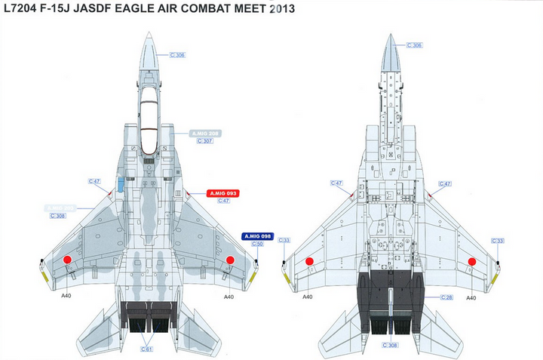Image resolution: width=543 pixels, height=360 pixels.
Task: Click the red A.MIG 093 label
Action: [223, 193]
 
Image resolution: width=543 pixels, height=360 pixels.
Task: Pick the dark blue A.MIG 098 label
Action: [256, 236]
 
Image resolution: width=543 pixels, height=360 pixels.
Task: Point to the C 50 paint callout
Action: [256, 245]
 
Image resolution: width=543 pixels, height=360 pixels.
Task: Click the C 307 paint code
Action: [204, 141]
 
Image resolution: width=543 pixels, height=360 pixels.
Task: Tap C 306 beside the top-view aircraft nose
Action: [177, 55]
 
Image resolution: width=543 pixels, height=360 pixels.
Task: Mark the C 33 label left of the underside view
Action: [285, 240]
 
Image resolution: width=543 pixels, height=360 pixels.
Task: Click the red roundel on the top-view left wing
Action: [66, 260]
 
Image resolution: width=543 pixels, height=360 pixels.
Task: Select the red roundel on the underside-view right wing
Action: [472, 261]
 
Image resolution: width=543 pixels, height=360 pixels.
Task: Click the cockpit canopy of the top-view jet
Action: [149, 113]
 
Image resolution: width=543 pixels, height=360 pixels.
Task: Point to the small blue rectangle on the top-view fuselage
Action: [120, 184]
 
